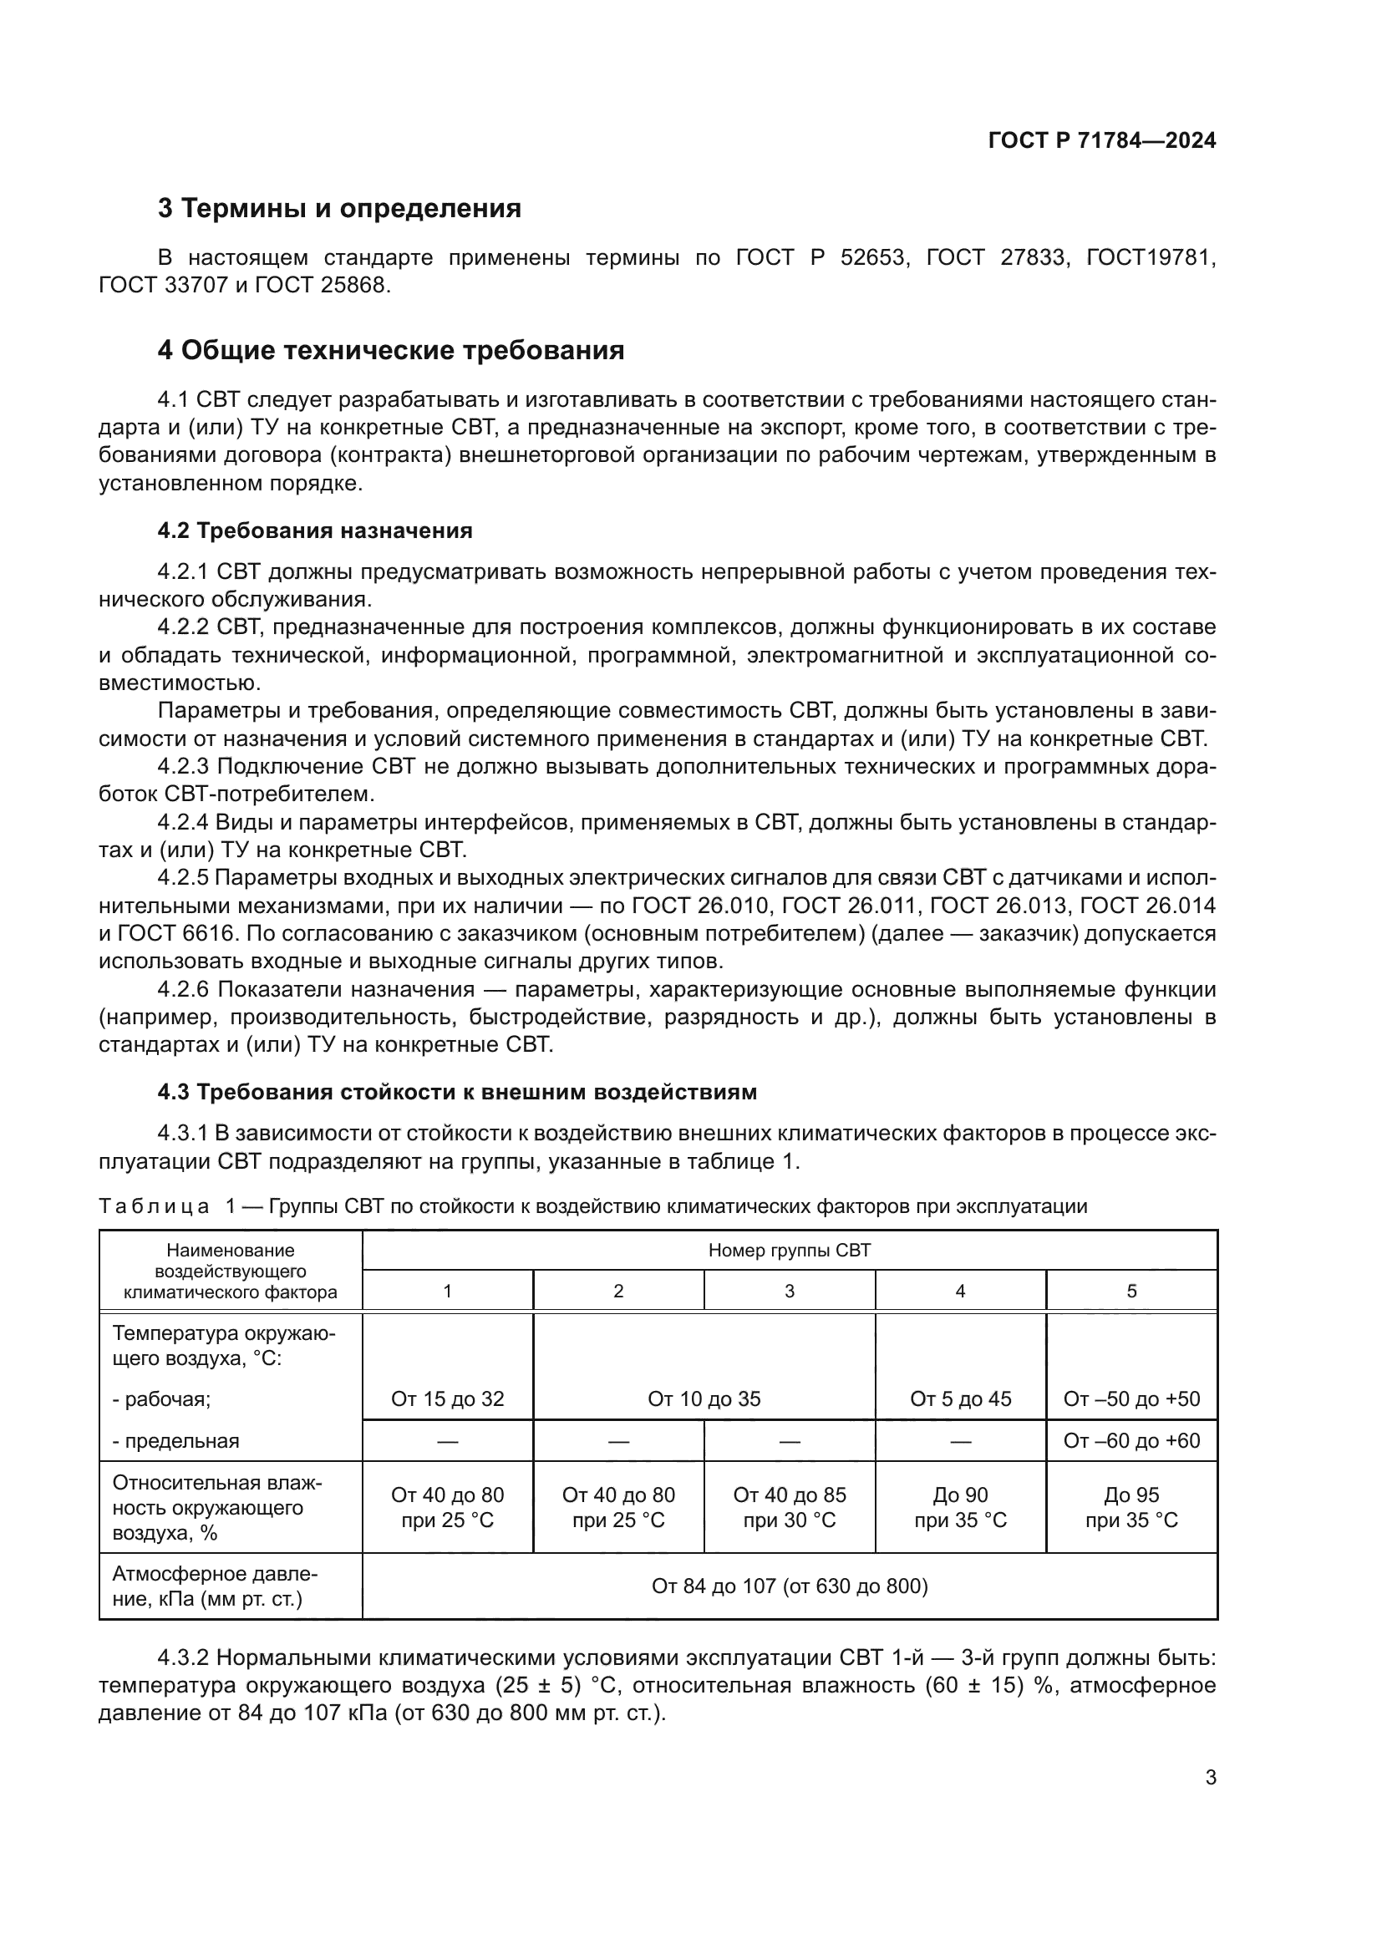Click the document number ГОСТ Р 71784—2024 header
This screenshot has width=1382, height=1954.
point(1101,141)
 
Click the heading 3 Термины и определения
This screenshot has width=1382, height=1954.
point(338,209)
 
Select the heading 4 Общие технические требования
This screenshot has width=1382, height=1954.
point(390,351)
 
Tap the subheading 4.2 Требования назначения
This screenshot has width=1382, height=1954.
point(314,531)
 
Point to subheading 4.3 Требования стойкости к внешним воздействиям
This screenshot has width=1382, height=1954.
point(457,1092)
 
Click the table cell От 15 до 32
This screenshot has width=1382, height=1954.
point(448,1399)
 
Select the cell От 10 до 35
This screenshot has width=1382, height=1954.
point(704,1399)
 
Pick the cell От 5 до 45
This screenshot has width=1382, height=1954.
point(960,1399)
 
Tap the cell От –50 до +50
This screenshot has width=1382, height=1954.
point(1131,1399)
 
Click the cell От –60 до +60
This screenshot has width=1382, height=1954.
point(1131,1441)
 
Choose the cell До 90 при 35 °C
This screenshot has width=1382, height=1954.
point(960,1507)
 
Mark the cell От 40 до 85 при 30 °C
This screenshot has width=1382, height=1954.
point(789,1507)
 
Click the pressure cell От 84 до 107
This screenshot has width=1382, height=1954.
point(789,1586)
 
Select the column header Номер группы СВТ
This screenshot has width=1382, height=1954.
point(789,1251)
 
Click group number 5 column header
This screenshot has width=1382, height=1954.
point(1131,1291)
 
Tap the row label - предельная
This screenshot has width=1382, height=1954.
point(176,1442)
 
